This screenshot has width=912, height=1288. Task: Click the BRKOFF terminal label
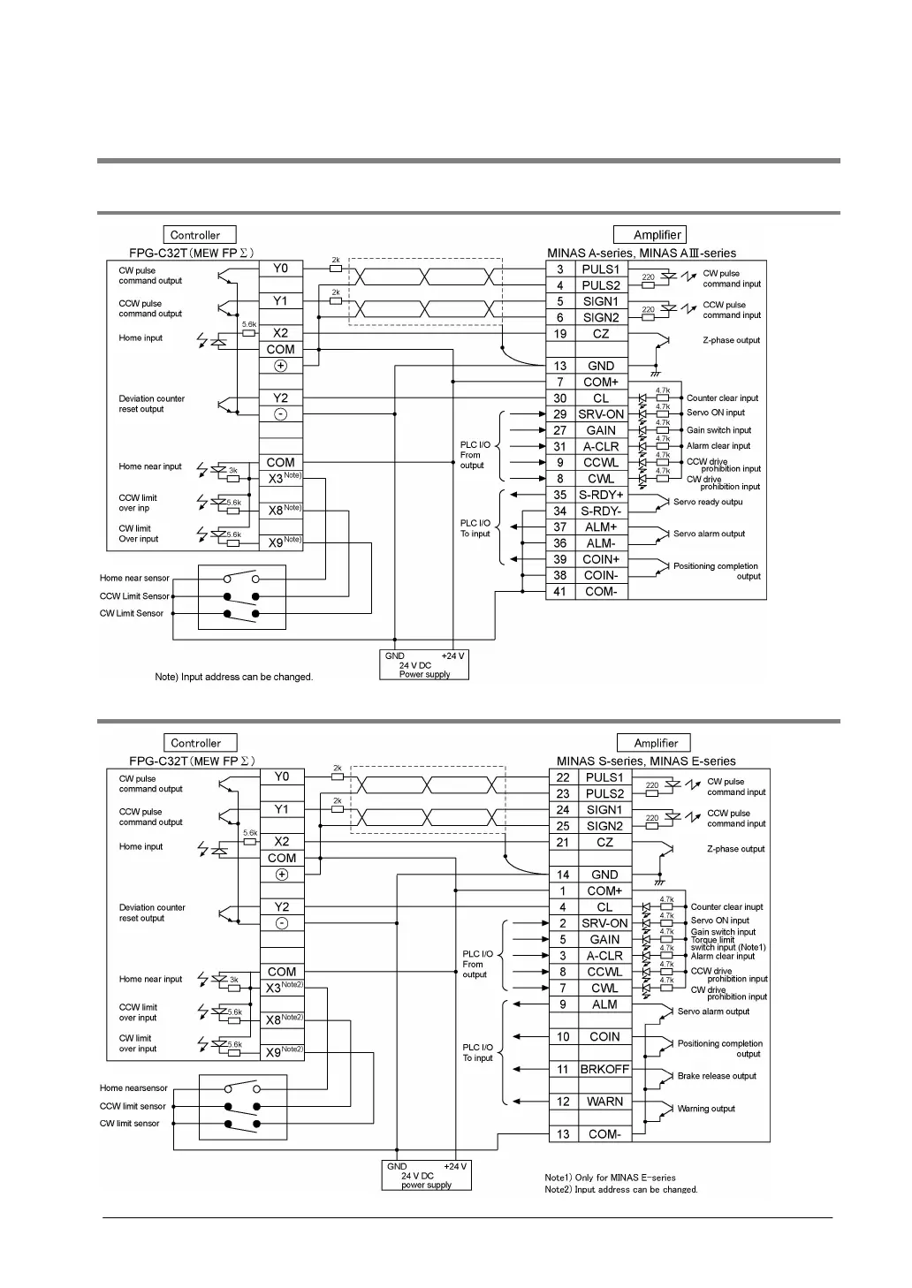coord(604,1069)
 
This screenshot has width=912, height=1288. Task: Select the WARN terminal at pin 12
coord(604,1102)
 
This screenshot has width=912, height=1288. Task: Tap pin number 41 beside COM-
coord(559,592)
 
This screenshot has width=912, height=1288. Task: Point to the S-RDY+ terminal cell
coord(600,495)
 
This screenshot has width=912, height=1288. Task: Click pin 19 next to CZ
coord(559,334)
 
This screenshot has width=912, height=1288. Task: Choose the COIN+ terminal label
coord(600,559)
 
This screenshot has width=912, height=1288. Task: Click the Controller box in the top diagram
coord(199,235)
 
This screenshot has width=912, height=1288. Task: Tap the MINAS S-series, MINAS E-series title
coord(646,761)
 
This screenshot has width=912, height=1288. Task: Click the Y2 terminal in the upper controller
coord(280,398)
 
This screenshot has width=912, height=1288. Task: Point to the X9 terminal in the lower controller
coord(275,1052)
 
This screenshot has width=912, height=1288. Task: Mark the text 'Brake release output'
coord(717,1076)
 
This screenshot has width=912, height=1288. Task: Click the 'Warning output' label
coord(706,1109)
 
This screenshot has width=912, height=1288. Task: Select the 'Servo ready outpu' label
coord(708,502)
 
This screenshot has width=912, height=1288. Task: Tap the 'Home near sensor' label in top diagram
coord(134,579)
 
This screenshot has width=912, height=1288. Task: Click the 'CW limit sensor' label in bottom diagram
coord(130,1124)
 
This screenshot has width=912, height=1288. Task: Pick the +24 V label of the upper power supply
coord(452,656)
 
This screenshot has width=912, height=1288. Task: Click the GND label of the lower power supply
coord(397,1166)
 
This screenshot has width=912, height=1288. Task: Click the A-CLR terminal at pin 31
coord(600,446)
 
